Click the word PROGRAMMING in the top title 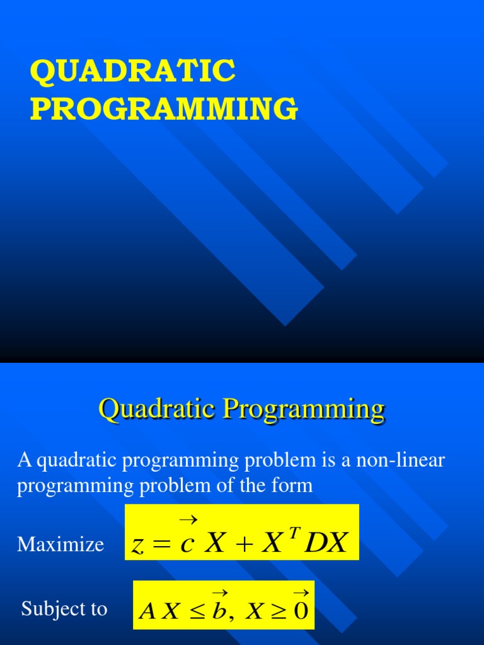(164, 108)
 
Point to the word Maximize (60, 544)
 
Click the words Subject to (64, 609)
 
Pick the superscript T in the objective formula (292, 531)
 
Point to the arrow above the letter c (188, 520)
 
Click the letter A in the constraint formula (146, 610)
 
